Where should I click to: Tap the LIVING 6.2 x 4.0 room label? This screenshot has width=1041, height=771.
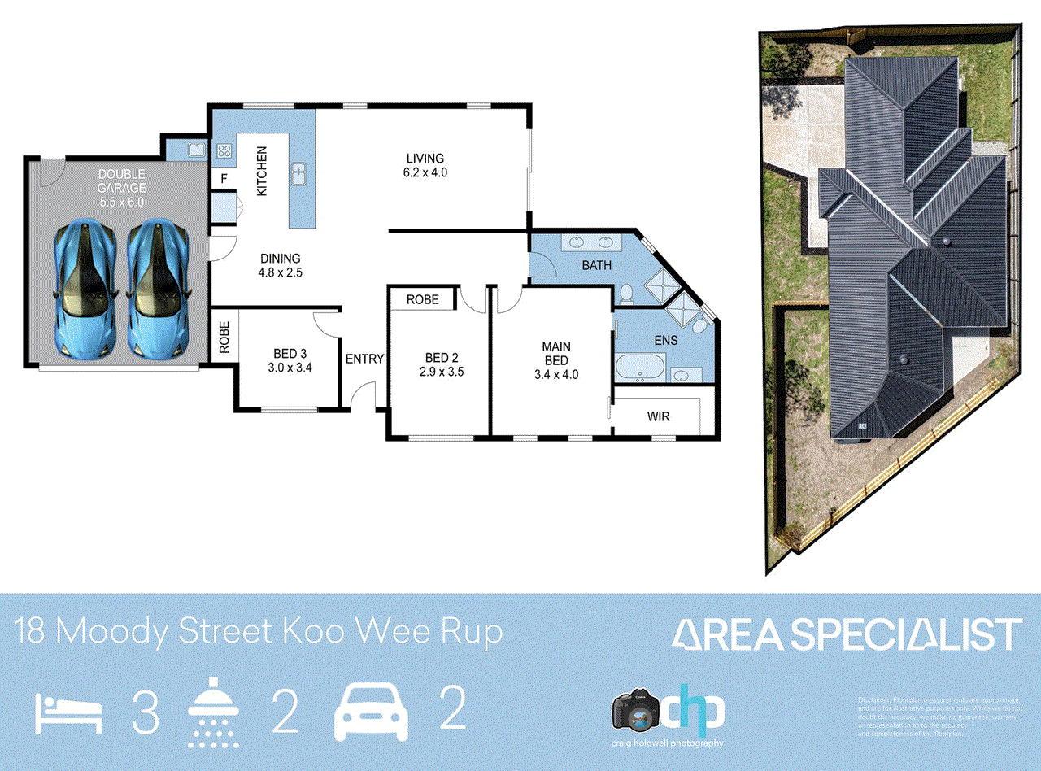pos(425,165)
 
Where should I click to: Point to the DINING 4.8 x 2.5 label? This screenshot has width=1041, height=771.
pos(281,266)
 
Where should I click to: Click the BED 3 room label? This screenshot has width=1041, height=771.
pos(290,359)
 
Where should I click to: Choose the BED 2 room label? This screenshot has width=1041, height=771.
pos(442,365)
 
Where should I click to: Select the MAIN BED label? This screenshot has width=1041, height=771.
pos(556,360)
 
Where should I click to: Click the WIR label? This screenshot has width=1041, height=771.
pos(658,417)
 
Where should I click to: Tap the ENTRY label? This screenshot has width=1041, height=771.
pos(364,359)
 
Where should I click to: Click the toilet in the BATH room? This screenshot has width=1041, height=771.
pos(625,293)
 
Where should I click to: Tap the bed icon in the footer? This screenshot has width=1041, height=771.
pos(69,713)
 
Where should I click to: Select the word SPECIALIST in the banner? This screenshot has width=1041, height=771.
pos(906,634)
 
